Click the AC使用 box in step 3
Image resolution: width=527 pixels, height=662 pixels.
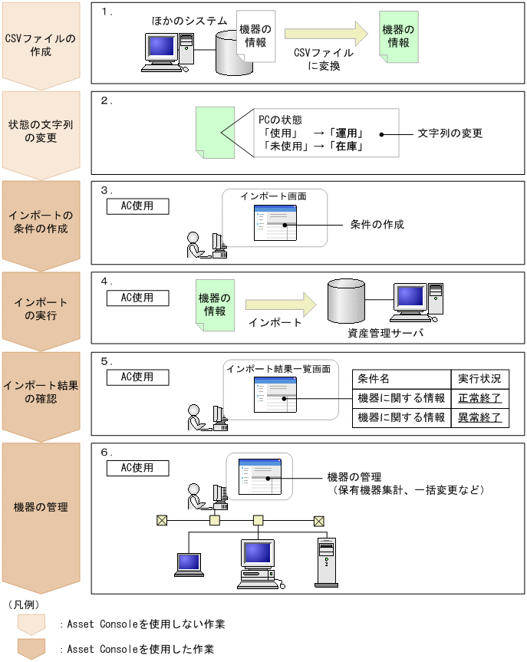pyautogui.click(x=137, y=206)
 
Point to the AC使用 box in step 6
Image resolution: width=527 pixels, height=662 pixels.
pyautogui.click(x=137, y=467)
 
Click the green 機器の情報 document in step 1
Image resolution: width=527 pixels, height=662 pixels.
pyautogui.click(x=400, y=37)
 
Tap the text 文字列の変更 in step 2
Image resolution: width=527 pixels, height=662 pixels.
pyautogui.click(x=450, y=133)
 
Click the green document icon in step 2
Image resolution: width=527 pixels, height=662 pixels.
pyautogui.click(x=209, y=133)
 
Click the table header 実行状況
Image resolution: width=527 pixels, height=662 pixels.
pyautogui.click(x=479, y=379)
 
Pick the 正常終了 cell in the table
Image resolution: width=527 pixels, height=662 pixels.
pyautogui.click(x=479, y=398)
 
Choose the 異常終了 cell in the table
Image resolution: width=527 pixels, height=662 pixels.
pyautogui.click(x=479, y=417)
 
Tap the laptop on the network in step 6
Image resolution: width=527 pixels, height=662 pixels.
pyautogui.click(x=188, y=564)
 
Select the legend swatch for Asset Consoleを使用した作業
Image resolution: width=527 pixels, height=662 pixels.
pyautogui.click(x=31, y=648)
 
